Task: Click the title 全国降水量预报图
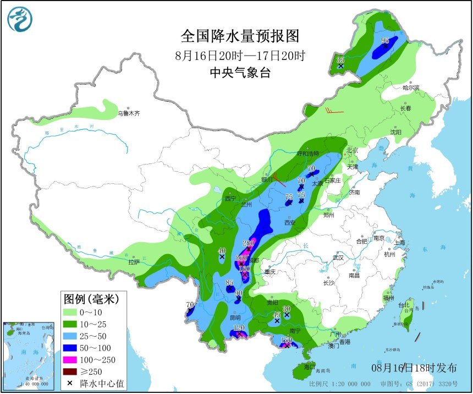click(240, 36)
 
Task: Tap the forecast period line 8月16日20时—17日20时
click(240, 56)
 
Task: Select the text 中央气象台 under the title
click(240, 73)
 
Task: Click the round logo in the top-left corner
click(20, 20)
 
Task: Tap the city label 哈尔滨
click(410, 87)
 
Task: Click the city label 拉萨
click(134, 262)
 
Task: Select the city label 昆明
click(235, 318)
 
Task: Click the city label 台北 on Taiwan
click(404, 304)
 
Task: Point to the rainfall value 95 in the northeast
click(385, 41)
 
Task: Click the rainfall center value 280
click(248, 243)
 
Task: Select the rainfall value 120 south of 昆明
click(239, 328)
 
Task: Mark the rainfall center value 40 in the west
click(222, 250)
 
